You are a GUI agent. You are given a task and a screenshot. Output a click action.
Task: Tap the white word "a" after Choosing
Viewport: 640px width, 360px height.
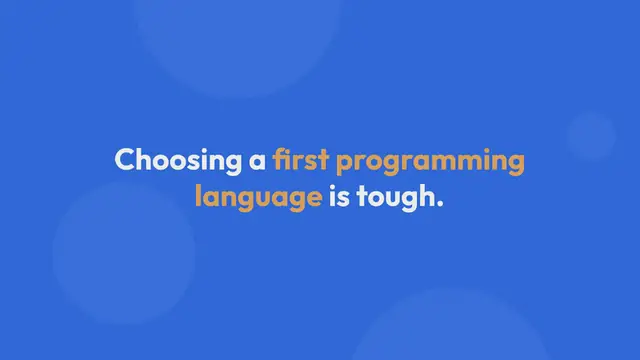coord(259,161)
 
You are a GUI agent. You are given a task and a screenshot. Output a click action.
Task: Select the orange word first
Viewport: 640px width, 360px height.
coord(301,160)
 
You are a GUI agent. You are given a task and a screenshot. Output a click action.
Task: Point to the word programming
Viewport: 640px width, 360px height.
coord(430,162)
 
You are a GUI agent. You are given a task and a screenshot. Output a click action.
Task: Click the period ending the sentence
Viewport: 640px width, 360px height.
coord(438,203)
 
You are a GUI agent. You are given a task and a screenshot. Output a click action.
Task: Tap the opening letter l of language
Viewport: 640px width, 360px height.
coord(197,195)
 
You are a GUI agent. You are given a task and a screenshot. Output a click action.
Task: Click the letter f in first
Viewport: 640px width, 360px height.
coord(280,159)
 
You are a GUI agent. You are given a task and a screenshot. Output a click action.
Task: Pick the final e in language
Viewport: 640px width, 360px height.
coord(313,197)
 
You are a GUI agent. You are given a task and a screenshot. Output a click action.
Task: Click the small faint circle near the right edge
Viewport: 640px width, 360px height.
coord(591,135)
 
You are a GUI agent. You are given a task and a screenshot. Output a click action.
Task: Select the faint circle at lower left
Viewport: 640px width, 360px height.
coord(123,253)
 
